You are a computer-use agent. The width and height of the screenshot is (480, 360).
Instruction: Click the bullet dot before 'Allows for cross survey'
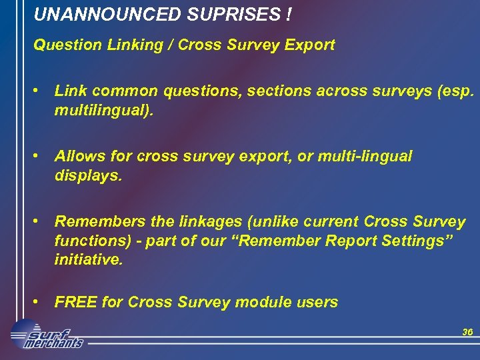tap(41, 155)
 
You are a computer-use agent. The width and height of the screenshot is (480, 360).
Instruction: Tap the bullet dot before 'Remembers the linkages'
tap(41, 221)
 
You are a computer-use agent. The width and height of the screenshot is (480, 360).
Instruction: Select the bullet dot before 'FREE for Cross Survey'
tap(41, 302)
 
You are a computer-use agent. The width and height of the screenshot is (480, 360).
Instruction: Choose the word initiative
tap(89, 261)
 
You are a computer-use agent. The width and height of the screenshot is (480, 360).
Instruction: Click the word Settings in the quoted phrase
tap(416, 241)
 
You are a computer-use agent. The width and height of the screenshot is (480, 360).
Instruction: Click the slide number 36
tap(467, 332)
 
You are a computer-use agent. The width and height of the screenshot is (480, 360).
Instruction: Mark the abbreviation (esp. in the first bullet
tap(457, 91)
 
